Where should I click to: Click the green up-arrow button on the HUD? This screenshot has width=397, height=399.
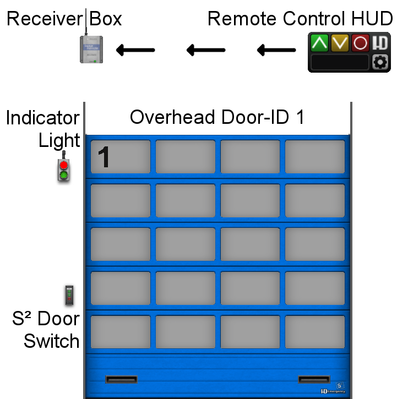point(319,43)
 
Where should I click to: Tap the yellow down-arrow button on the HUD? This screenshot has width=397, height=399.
point(340,43)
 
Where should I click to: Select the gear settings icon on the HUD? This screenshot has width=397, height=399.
point(380,62)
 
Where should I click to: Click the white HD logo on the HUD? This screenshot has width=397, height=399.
point(380,43)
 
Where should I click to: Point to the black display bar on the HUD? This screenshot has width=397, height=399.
point(340,62)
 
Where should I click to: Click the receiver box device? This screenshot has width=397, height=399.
point(91,49)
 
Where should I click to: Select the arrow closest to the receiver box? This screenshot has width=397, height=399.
point(135,51)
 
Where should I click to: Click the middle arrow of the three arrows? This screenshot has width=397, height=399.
point(206,51)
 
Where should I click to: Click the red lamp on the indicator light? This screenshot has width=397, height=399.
point(64,165)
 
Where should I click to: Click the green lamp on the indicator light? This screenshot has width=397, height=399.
point(64,176)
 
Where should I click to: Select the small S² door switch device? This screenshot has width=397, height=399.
point(69,296)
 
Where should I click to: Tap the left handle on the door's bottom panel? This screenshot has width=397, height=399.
point(121,379)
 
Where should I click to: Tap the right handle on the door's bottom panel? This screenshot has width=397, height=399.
point(314,379)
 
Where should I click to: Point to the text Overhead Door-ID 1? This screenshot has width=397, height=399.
point(217,117)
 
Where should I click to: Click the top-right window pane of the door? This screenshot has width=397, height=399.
point(314,157)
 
